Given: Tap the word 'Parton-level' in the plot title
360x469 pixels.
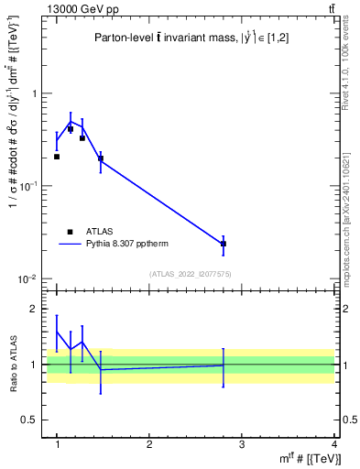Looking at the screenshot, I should point(123,38).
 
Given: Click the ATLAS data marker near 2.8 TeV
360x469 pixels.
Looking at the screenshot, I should point(224,244).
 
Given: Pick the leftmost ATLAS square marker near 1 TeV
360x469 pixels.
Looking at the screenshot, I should point(57,157).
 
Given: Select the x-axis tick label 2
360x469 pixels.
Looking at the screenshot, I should point(149,445).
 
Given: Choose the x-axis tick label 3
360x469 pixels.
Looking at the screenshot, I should point(242,445).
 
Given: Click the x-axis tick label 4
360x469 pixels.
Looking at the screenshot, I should point(333,445).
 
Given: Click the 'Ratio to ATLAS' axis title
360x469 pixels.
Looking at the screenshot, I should point(12,364).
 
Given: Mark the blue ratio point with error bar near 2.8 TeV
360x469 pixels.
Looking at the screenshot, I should point(224,365).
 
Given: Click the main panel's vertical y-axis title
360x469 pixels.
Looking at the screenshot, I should point(12,147).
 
